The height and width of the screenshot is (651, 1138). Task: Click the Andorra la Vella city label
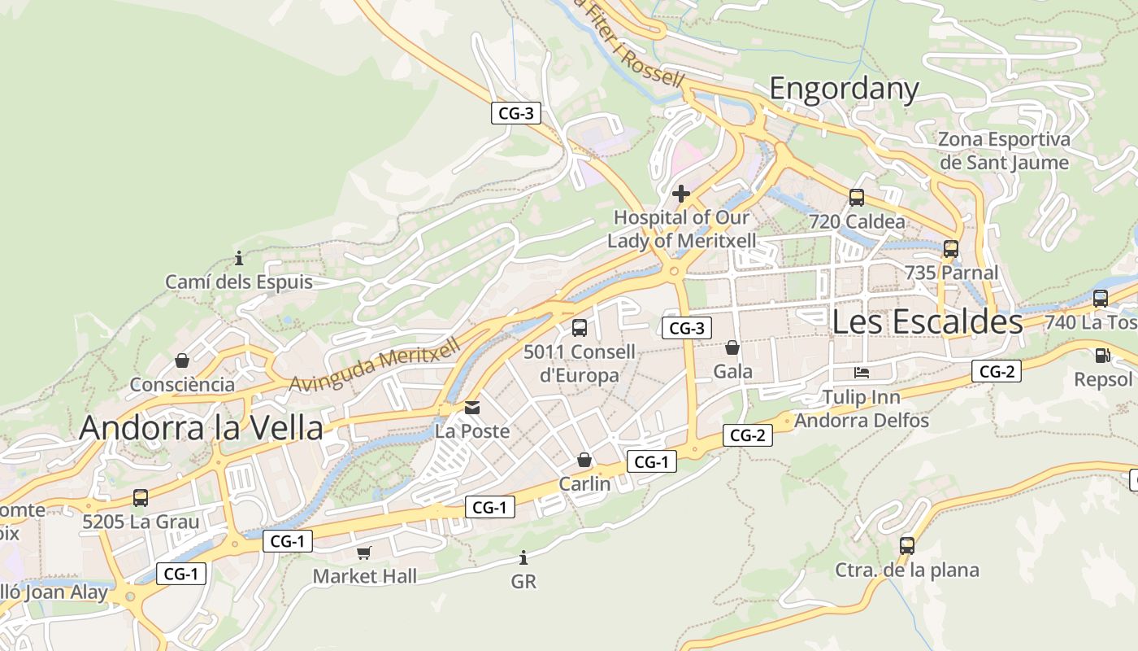[x=201, y=427]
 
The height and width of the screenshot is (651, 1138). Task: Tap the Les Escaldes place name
[x=927, y=322]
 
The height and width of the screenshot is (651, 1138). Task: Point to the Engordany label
[x=844, y=88]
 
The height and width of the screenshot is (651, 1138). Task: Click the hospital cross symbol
[x=681, y=194]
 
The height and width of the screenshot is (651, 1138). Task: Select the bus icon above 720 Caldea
[x=857, y=197]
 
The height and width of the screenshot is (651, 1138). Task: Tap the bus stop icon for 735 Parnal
[x=951, y=249]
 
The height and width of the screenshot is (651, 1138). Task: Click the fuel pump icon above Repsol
[x=1102, y=355]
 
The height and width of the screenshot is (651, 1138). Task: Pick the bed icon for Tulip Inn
[x=862, y=373]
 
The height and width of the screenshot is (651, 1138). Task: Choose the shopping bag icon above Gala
[x=732, y=347]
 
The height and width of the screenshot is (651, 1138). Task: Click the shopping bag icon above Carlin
[x=584, y=460]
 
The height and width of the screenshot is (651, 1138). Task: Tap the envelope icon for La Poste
[x=472, y=407]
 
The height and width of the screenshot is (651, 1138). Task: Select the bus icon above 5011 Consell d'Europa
[x=580, y=328]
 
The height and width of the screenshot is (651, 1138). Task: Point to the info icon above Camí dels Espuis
[x=239, y=259]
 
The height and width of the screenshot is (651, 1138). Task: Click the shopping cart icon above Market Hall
[x=364, y=553]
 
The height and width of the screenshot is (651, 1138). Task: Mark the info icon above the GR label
[x=523, y=557]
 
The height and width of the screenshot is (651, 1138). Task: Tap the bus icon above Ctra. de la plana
[x=907, y=545]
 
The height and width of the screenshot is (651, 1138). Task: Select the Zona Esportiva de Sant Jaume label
[x=1004, y=151]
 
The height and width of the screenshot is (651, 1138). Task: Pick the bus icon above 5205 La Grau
[x=141, y=497]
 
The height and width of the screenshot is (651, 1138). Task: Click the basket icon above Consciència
[x=182, y=360]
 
